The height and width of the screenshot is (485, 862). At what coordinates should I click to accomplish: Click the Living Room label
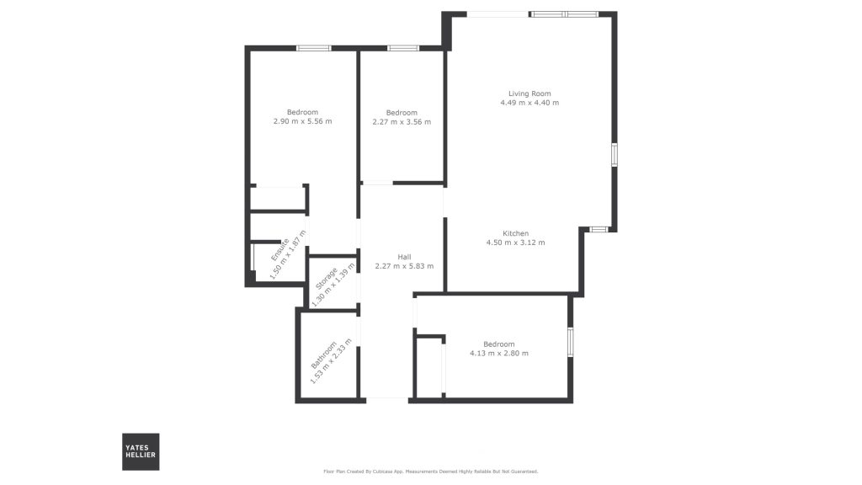tap(529, 93)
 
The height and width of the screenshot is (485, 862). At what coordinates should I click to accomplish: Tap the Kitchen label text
tap(516, 233)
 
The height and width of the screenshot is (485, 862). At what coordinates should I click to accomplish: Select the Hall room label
tap(404, 257)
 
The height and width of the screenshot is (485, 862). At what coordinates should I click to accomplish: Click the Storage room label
tap(326, 278)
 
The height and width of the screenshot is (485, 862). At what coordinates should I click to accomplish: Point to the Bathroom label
tap(323, 355)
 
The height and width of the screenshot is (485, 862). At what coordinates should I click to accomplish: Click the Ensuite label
tap(279, 249)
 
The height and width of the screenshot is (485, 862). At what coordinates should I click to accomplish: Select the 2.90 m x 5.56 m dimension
tap(302, 121)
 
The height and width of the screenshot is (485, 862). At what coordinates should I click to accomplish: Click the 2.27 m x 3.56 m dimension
tap(402, 121)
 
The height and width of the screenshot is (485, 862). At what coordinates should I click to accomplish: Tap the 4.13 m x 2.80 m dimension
tap(498, 353)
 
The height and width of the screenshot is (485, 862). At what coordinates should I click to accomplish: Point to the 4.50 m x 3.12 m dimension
tap(516, 242)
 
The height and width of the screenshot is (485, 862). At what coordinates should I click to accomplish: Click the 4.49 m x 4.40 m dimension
tap(529, 102)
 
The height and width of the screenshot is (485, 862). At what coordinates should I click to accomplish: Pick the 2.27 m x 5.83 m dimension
tap(404, 265)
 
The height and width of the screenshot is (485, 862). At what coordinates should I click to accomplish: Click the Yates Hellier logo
tap(141, 451)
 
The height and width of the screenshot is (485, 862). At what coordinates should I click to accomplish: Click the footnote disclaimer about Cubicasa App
tap(431, 472)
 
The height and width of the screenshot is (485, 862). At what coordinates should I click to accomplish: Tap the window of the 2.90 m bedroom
tap(314, 48)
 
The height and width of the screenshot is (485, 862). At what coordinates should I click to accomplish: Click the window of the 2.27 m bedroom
tap(403, 48)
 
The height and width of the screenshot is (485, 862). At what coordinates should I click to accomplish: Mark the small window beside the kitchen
tap(599, 229)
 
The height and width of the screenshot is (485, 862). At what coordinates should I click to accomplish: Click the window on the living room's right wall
tap(614, 155)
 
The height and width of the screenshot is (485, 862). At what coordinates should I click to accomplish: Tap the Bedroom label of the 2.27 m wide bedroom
tap(402, 113)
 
